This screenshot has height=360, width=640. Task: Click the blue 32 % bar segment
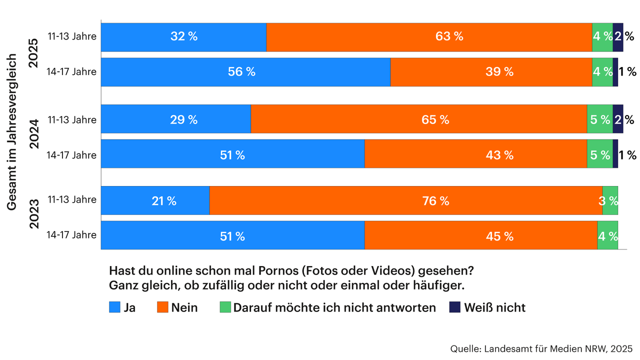point(183,36)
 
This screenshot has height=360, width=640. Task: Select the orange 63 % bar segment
point(429,36)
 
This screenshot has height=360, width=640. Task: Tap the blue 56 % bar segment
point(245,71)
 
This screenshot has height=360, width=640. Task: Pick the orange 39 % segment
point(491,71)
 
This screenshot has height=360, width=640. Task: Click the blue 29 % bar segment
point(176,119)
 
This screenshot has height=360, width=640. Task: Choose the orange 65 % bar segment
point(418,119)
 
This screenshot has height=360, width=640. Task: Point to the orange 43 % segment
point(475,154)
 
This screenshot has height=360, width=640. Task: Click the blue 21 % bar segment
point(155,200)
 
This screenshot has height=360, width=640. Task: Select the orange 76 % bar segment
point(406,200)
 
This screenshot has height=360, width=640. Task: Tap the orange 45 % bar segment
point(481,235)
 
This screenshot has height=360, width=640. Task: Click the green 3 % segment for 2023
point(610,200)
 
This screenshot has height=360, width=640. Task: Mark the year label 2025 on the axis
point(33,54)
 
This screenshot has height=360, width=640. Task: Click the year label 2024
point(33,136)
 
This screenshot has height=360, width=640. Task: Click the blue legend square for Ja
point(114,307)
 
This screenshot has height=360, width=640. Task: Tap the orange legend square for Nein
point(162,307)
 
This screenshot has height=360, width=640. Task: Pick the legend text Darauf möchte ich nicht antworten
point(334,307)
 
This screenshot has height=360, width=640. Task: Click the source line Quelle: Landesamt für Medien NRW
point(541,348)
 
